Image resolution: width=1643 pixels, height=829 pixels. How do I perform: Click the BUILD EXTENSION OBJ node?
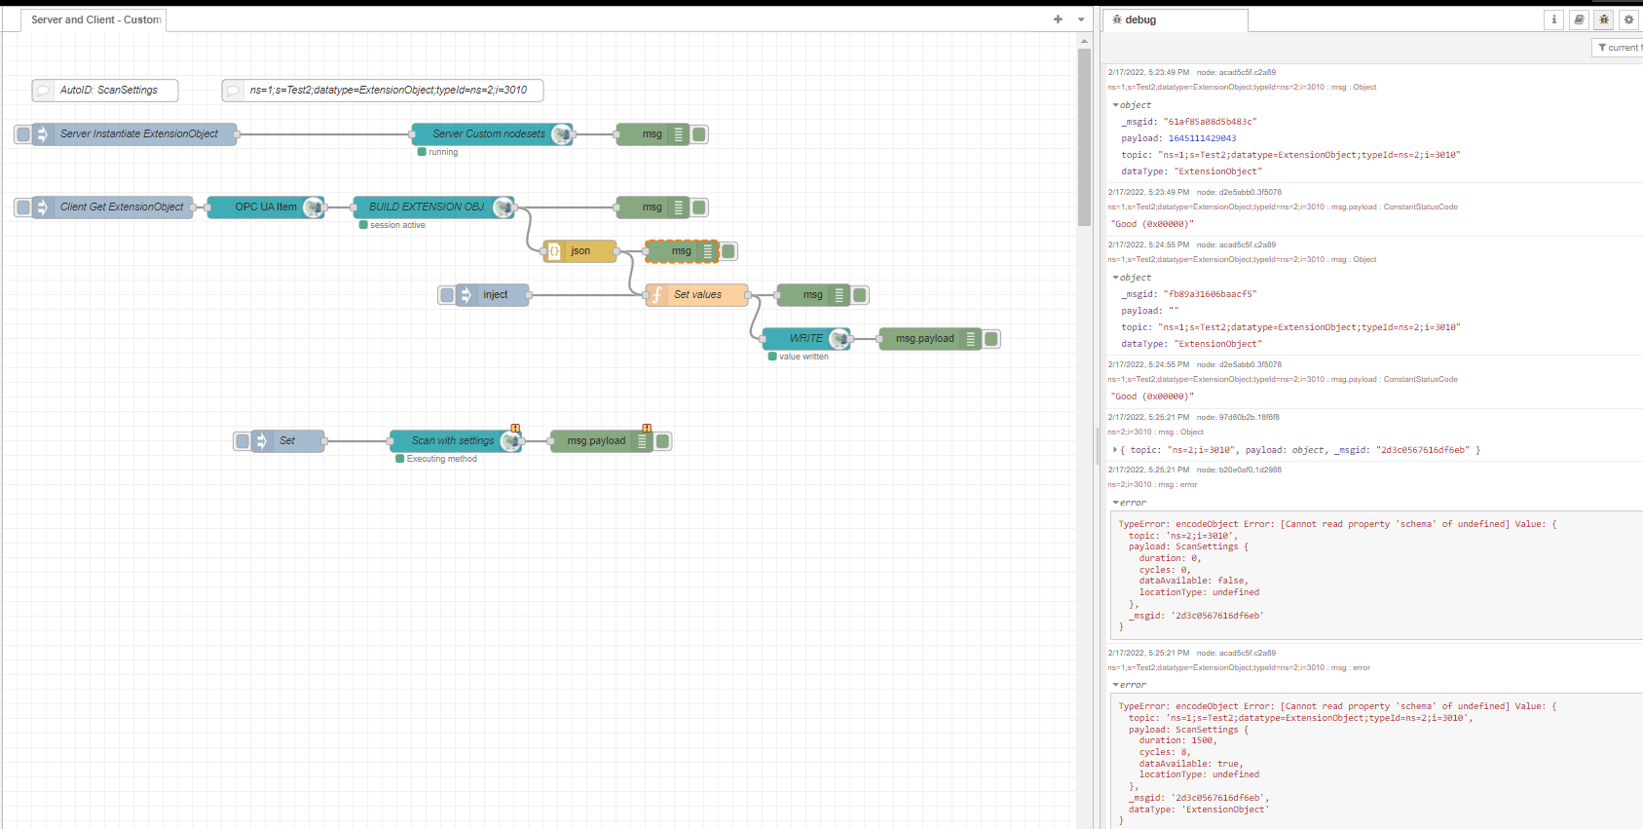pyautogui.click(x=427, y=207)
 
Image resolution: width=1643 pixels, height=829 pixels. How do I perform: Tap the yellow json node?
pyautogui.click(x=580, y=251)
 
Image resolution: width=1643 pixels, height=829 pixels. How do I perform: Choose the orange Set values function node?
pyautogui.click(x=697, y=295)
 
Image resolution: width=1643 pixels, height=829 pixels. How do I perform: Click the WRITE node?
pyautogui.click(x=804, y=339)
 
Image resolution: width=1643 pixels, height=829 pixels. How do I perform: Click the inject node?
pyautogui.click(x=495, y=295)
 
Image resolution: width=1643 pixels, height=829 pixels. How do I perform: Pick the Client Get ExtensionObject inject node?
pyautogui.click(x=121, y=207)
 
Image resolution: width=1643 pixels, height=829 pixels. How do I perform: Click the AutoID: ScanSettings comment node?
pyautogui.click(x=107, y=91)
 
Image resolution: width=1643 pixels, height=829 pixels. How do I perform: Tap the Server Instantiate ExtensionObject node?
pyautogui.click(x=138, y=134)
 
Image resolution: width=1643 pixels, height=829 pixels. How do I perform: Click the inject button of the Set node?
pyautogui.click(x=242, y=441)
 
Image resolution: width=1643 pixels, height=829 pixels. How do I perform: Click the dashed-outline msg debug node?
pyautogui.click(x=681, y=251)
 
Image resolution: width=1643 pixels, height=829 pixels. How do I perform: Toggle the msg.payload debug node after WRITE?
pyautogui.click(x=991, y=339)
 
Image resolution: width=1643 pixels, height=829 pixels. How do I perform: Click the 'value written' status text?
pyautogui.click(x=803, y=357)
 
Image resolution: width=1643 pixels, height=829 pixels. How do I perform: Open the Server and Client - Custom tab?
pyautogui.click(x=95, y=19)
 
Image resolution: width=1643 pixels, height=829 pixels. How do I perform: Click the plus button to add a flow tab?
pyautogui.click(x=1058, y=19)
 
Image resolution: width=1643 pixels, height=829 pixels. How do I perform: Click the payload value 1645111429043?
pyautogui.click(x=1202, y=138)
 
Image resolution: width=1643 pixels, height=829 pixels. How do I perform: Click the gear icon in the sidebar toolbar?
pyautogui.click(x=1628, y=19)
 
